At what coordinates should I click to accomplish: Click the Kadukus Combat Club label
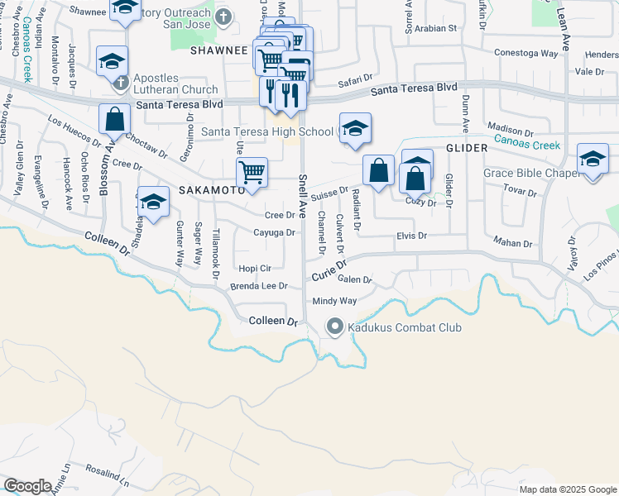point(404,328)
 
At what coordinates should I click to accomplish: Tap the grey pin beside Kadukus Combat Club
point(335,327)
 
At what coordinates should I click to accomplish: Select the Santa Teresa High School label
point(267,131)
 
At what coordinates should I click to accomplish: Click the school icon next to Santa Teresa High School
point(354,129)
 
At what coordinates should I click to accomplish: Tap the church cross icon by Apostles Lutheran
point(121,83)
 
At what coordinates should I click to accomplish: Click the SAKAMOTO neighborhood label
point(211,189)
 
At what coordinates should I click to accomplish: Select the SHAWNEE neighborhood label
point(220,50)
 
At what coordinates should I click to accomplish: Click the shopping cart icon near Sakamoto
point(251,174)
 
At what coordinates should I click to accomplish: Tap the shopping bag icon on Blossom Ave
point(114,120)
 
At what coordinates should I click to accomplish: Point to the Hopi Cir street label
point(255,269)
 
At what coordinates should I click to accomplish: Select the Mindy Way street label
point(335,302)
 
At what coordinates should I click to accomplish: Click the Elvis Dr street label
point(410,236)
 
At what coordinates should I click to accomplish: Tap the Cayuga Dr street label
point(274,232)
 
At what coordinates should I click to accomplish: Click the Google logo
point(27,485)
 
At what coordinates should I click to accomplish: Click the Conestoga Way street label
point(522,51)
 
